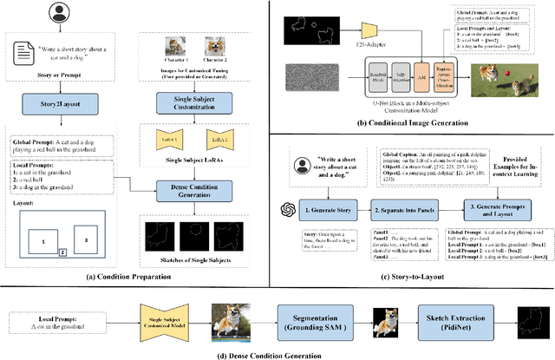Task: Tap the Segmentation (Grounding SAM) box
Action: (322, 317)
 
